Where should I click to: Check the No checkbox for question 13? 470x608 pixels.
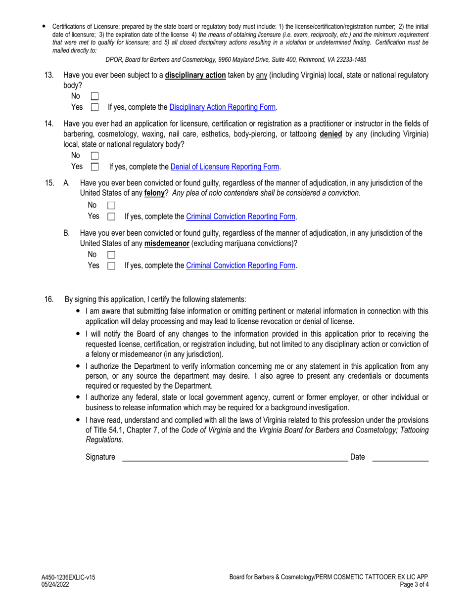(95, 96)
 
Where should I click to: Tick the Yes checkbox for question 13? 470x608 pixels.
(95, 107)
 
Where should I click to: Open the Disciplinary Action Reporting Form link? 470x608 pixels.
(223, 107)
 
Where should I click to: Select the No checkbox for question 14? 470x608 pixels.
(95, 156)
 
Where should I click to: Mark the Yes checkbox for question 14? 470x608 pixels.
(95, 167)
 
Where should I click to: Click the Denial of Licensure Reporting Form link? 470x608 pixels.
(225, 167)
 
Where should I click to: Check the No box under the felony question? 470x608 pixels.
(111, 205)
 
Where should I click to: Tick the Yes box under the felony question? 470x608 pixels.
(111, 217)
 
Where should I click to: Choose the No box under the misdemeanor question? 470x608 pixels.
(111, 255)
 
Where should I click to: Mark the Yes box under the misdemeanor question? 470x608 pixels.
(111, 266)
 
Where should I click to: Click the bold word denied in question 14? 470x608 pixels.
(331, 134)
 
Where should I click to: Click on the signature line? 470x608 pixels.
(235, 457)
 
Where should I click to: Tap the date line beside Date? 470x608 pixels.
(400, 457)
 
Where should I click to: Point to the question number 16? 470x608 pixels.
(49, 299)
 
